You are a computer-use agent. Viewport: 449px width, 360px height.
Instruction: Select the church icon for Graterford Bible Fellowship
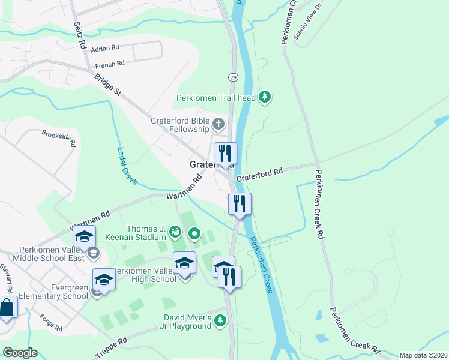[x=218, y=125]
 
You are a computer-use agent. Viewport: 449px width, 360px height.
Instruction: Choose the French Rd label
[x=109, y=64]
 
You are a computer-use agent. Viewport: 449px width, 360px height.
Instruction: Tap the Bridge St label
[x=108, y=84]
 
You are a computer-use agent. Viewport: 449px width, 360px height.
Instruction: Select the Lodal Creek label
[x=126, y=166]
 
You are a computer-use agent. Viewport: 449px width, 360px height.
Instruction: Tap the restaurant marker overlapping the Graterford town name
[x=225, y=154]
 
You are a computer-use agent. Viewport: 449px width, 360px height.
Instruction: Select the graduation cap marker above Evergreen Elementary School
[x=104, y=280]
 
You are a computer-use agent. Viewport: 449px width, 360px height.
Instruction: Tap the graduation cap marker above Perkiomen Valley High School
[x=184, y=263]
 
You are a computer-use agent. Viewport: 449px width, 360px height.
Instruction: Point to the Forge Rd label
[x=50, y=324]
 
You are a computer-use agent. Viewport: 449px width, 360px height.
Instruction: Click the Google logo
[x=19, y=353]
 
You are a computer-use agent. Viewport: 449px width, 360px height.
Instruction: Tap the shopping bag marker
[x=6, y=308]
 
